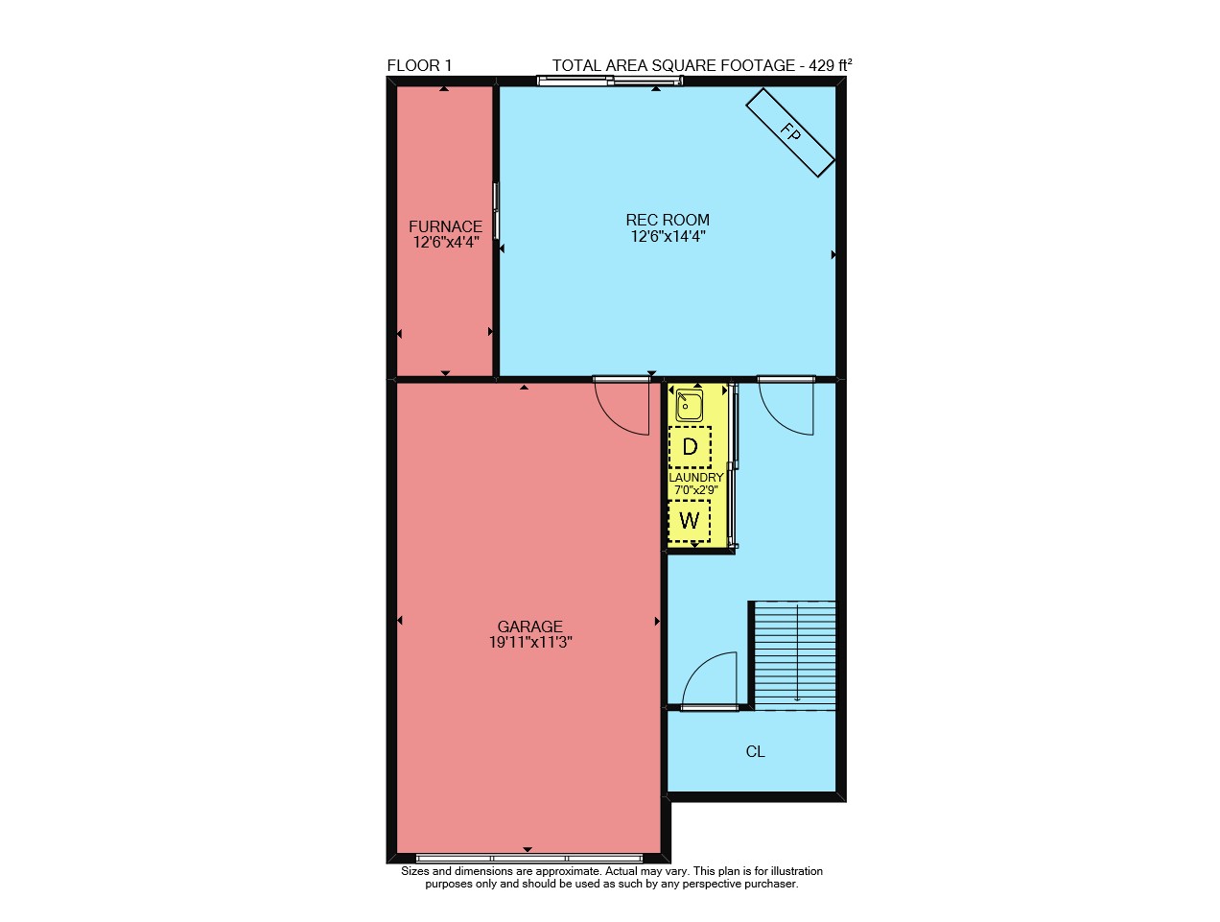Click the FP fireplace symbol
(789, 132)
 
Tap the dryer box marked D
(690, 447)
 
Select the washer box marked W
(690, 521)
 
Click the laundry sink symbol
(689, 405)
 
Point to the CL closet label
(755, 751)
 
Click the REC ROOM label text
(668, 220)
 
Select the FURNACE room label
(445, 226)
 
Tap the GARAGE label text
(529, 626)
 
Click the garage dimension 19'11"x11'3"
(530, 643)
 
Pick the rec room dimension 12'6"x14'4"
(668, 236)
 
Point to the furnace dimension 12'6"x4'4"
(446, 243)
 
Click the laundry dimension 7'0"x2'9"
(696, 490)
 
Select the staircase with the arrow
(794, 655)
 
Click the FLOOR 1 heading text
(419, 65)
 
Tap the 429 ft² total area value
(831, 65)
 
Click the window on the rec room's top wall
(610, 81)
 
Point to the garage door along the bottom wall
(529, 859)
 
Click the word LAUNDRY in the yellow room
(696, 478)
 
